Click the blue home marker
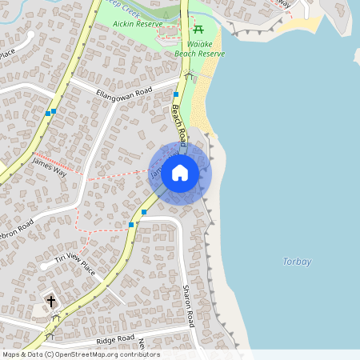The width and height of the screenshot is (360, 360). tap(180, 172)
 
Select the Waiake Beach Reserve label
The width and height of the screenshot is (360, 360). tap(199, 49)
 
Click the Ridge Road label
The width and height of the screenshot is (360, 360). tap(115, 339)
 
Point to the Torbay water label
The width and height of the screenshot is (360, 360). tap(297, 262)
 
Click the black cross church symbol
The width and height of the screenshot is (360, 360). tap(51, 301)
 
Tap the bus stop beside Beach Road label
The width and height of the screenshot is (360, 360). tap(175, 95)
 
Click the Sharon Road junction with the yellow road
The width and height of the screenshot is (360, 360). tap(152, 216)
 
